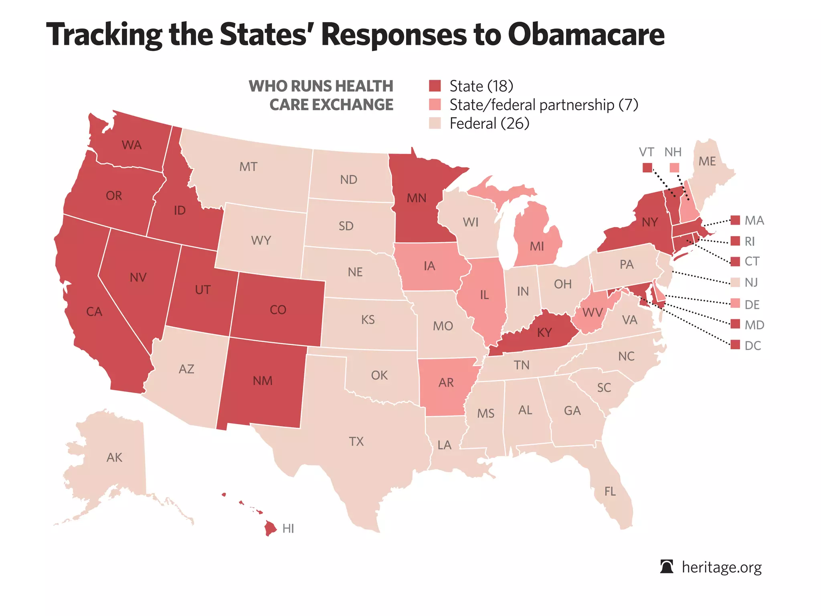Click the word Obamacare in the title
point(586,34)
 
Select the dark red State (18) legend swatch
point(435,86)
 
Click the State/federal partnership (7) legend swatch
point(435,105)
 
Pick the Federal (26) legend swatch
point(435,123)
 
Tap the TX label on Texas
point(356,442)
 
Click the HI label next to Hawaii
point(288,529)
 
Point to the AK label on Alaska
point(114,458)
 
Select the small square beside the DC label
point(735,345)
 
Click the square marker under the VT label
point(647,168)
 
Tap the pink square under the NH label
point(675,168)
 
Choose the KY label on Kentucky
point(544,332)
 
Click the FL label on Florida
point(610,491)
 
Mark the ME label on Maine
point(707,161)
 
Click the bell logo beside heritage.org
point(667,567)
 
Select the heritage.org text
point(722,567)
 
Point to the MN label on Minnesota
point(417,198)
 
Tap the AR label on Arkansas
point(446,383)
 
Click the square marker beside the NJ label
point(735,282)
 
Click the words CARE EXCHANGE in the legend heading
point(331,105)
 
